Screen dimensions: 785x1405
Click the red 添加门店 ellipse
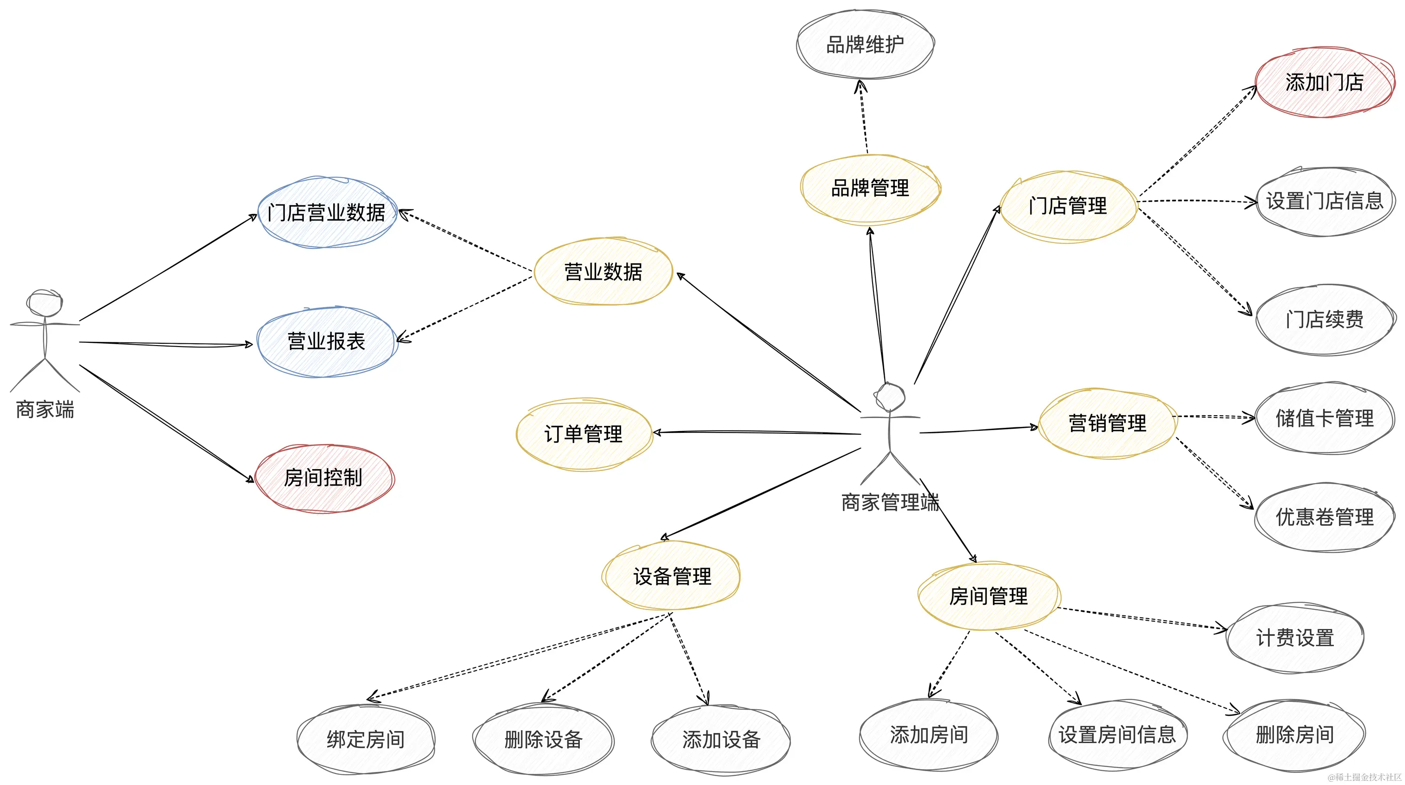[x=1324, y=82]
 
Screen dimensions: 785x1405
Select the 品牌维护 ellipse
[x=865, y=44]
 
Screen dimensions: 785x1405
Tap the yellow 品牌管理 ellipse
[x=870, y=189]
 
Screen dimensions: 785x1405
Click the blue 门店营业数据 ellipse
[x=327, y=213]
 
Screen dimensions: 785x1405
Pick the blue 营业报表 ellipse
[x=326, y=342]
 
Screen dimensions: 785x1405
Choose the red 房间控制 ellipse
[x=323, y=478]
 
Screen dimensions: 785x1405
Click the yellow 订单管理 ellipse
[x=584, y=434]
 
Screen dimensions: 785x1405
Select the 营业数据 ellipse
[x=603, y=271]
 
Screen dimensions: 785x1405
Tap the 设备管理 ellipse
[x=671, y=576]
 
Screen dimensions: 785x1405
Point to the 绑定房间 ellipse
[x=366, y=740]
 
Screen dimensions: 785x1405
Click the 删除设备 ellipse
[x=543, y=740]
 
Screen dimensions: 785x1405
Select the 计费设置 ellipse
[x=1295, y=638]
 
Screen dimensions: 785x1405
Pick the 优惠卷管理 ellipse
[x=1324, y=517]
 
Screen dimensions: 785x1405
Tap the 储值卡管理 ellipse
[x=1324, y=418]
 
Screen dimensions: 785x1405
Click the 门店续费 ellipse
[x=1324, y=320]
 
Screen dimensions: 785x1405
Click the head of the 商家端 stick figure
[x=45, y=303]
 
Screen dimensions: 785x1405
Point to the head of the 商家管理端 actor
[x=890, y=397]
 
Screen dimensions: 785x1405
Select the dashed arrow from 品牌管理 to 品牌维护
[x=863, y=117]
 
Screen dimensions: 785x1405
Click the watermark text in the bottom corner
[x=1364, y=777]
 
